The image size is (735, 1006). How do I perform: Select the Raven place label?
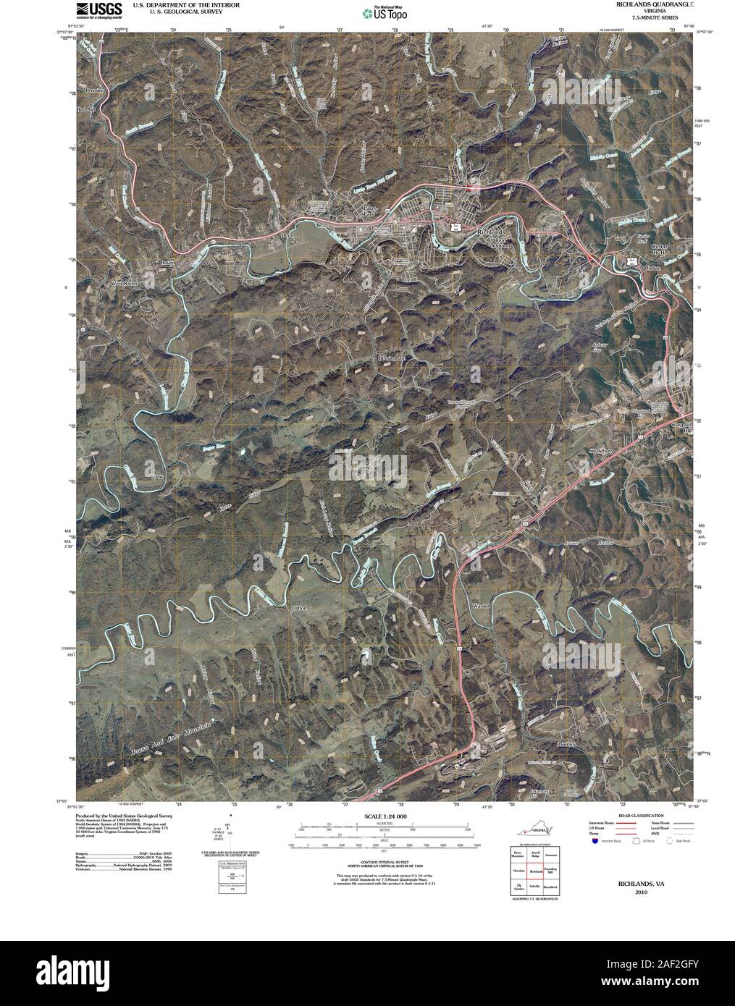click(x=169, y=263)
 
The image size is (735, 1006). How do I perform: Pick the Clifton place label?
click(x=298, y=608)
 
